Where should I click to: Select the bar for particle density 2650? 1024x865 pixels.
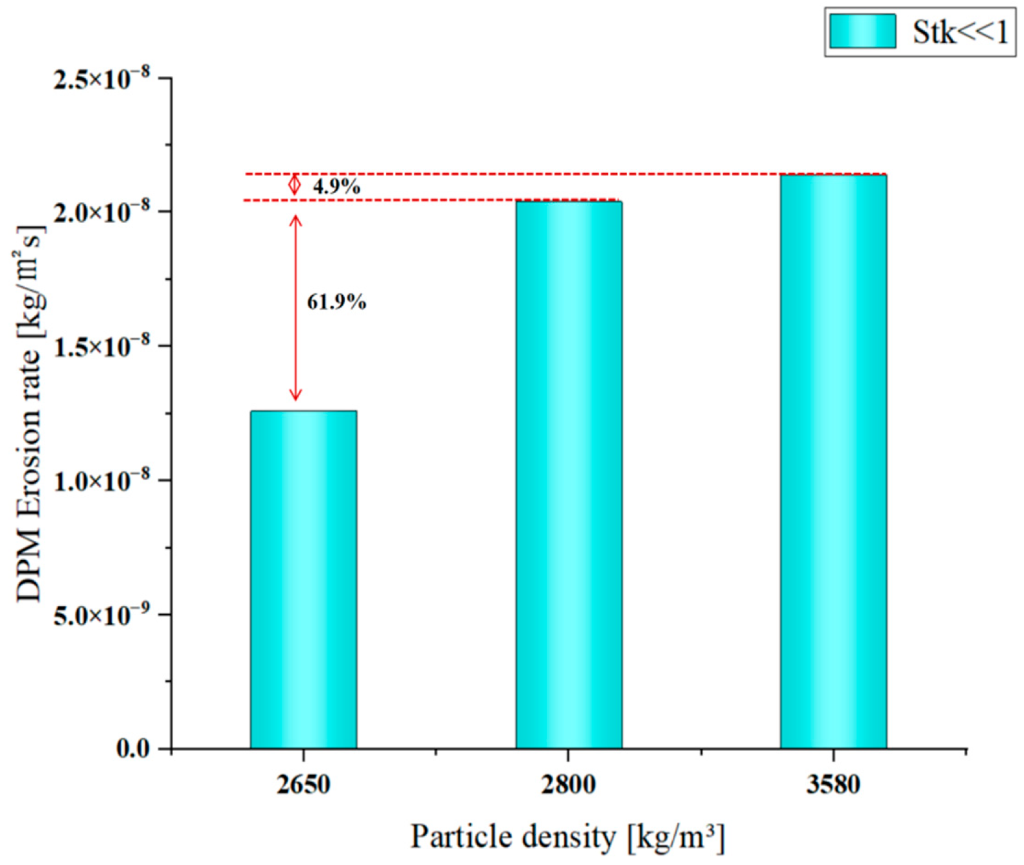pos(303,579)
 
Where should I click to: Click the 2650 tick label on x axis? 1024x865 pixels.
pos(304,785)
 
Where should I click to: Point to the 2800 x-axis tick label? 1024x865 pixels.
pos(569,785)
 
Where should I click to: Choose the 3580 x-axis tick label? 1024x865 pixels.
pos(833,785)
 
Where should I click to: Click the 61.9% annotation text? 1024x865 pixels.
pos(336,302)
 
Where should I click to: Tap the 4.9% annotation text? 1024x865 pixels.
pos(336,187)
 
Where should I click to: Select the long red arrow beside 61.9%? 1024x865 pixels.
pos(295,307)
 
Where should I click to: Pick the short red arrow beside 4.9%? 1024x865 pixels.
pos(294,185)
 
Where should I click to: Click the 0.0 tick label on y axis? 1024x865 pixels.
pos(133,749)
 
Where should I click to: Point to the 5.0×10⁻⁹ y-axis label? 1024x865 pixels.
pos(102,614)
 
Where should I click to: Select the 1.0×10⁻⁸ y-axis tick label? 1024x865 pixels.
pos(102,479)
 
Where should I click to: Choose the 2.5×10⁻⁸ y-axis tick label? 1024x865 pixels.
pos(102,77)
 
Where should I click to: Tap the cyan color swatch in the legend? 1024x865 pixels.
pos(862,31)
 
